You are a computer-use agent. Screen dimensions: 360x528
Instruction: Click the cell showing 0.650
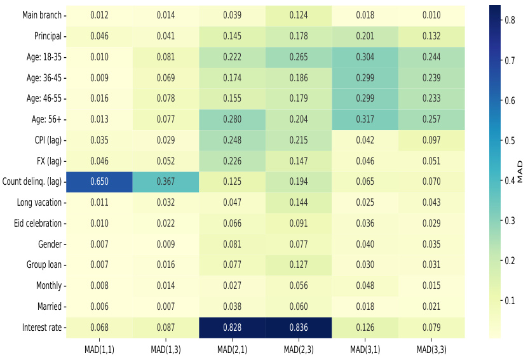click(x=100, y=182)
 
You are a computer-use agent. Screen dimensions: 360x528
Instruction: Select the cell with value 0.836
click(x=299, y=328)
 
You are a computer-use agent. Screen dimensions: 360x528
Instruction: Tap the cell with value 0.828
click(x=233, y=328)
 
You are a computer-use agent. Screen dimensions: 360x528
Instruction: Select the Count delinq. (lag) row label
click(x=32, y=182)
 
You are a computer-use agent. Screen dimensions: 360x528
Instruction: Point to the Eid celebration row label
click(x=37, y=223)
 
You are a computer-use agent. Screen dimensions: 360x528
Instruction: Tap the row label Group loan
click(x=44, y=265)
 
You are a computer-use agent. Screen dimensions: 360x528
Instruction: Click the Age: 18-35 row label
click(x=43, y=57)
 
